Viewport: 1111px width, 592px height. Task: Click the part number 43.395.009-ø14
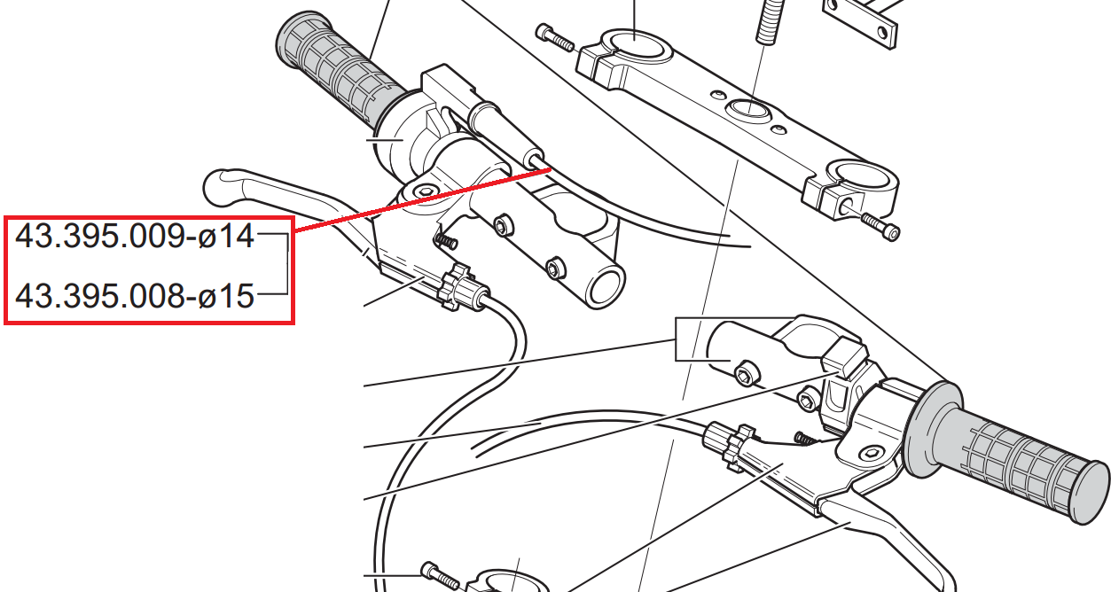135,237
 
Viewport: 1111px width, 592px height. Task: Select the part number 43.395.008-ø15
135,297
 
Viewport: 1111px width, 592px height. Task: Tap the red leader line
423,199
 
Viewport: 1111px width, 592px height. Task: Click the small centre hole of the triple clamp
750,109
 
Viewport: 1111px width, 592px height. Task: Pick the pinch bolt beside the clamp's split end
879,226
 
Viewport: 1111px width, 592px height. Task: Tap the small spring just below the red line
445,241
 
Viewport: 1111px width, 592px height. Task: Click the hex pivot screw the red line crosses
425,191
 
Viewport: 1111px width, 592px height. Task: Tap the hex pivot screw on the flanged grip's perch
872,453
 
